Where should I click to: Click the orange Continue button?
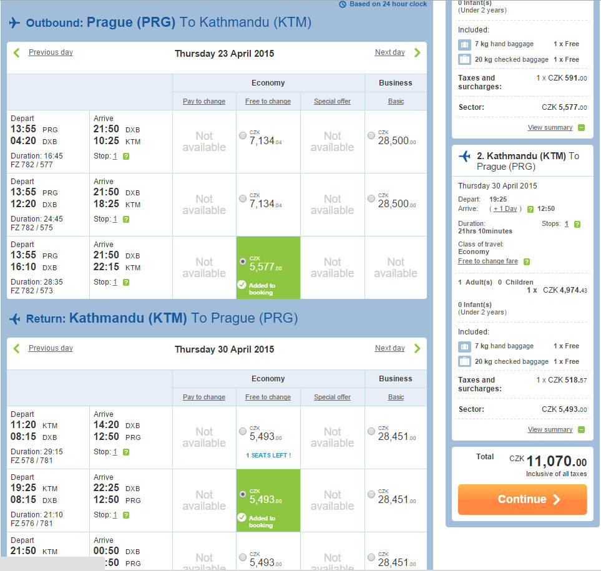522,499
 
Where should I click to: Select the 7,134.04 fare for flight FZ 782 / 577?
243,135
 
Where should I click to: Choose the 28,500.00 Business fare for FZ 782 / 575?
371,198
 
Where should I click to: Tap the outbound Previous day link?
51,52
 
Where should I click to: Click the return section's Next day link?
390,348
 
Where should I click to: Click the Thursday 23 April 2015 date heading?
224,54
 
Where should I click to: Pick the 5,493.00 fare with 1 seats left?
243,431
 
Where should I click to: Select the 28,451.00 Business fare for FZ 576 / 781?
371,494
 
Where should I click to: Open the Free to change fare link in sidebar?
487,261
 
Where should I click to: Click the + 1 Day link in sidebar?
505,209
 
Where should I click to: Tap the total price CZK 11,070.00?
548,461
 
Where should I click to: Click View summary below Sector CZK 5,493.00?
550,429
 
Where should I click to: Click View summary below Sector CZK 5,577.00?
550,127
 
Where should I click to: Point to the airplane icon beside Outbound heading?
14,22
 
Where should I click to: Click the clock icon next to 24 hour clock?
343,4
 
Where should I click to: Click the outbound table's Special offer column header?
332,101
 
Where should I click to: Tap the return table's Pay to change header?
204,397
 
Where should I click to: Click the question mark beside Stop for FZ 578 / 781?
126,452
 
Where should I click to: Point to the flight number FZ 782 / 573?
32,290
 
